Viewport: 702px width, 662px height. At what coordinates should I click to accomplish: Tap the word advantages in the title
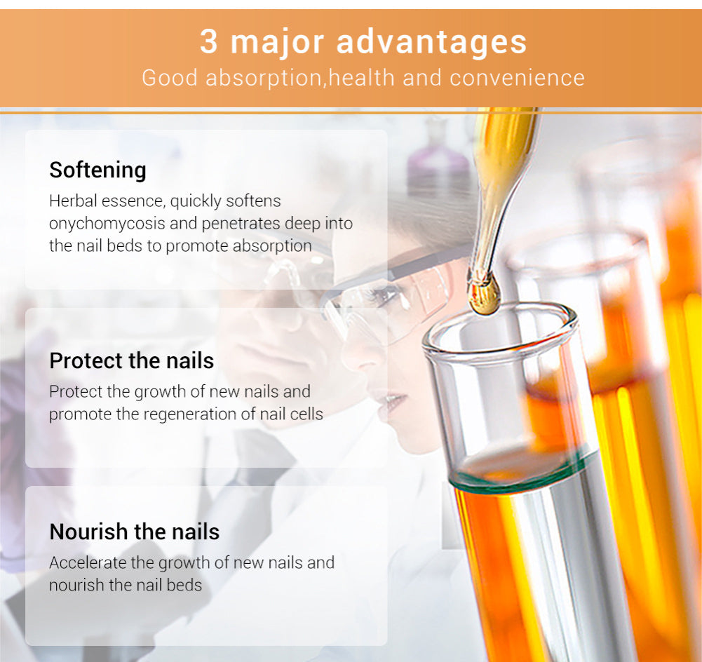(431, 43)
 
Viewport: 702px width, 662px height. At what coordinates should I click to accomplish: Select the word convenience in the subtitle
(517, 78)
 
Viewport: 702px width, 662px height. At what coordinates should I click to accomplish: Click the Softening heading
(97, 170)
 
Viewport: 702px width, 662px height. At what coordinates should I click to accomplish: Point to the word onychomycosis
(107, 224)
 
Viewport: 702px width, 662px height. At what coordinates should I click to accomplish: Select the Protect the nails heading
(132, 360)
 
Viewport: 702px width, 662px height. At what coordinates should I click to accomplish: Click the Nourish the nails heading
(135, 532)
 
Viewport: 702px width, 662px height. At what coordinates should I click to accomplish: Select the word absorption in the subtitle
(264, 79)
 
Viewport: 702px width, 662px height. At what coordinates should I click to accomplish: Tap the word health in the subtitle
(362, 78)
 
